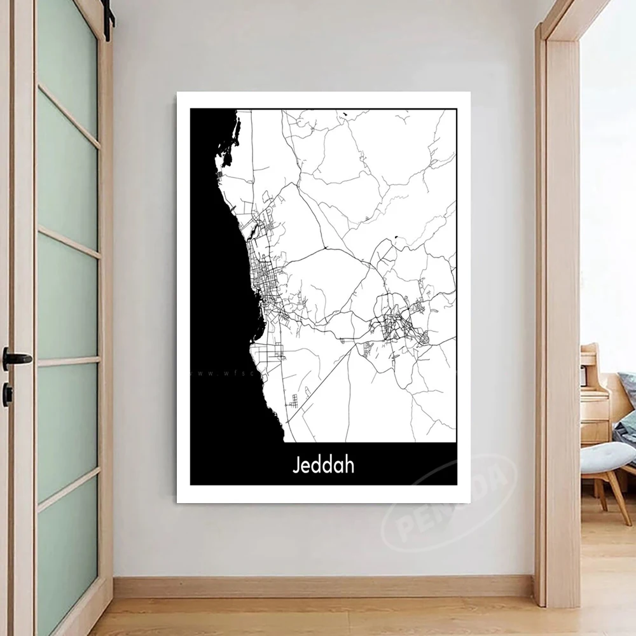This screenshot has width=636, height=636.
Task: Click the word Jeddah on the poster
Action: [323, 464]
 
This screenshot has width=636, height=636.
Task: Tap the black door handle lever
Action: [17, 358]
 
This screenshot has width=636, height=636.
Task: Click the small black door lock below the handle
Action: [8, 394]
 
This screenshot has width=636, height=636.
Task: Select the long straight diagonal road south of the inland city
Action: [318, 388]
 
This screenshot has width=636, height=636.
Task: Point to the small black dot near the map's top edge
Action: [344, 115]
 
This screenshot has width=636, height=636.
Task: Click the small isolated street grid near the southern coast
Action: [294, 401]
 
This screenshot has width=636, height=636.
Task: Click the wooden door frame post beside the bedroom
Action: [563, 318]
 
